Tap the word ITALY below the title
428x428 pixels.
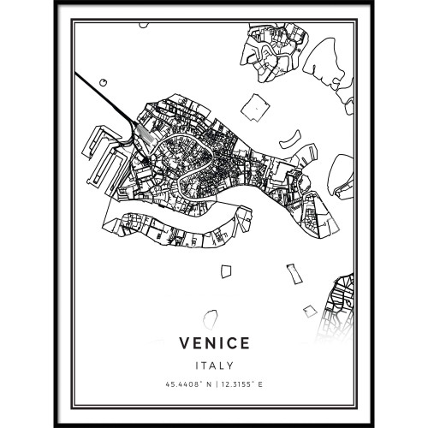click(214, 365)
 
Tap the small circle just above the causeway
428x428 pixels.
click(103, 81)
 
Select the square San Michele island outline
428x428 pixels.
click(255, 106)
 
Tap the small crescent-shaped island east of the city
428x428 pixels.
click(291, 137)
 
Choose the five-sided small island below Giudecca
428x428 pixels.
click(226, 270)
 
